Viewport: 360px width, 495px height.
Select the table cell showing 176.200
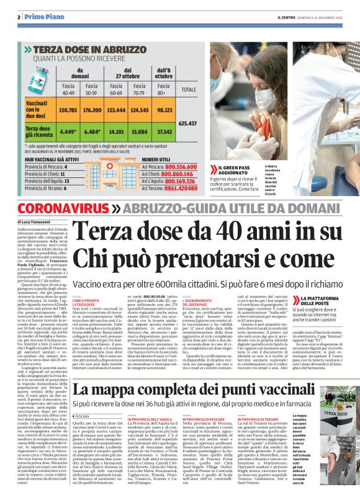[92, 110]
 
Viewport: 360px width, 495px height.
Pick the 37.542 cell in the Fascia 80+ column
[164, 132]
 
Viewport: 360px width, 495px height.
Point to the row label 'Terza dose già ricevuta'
[40, 132]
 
